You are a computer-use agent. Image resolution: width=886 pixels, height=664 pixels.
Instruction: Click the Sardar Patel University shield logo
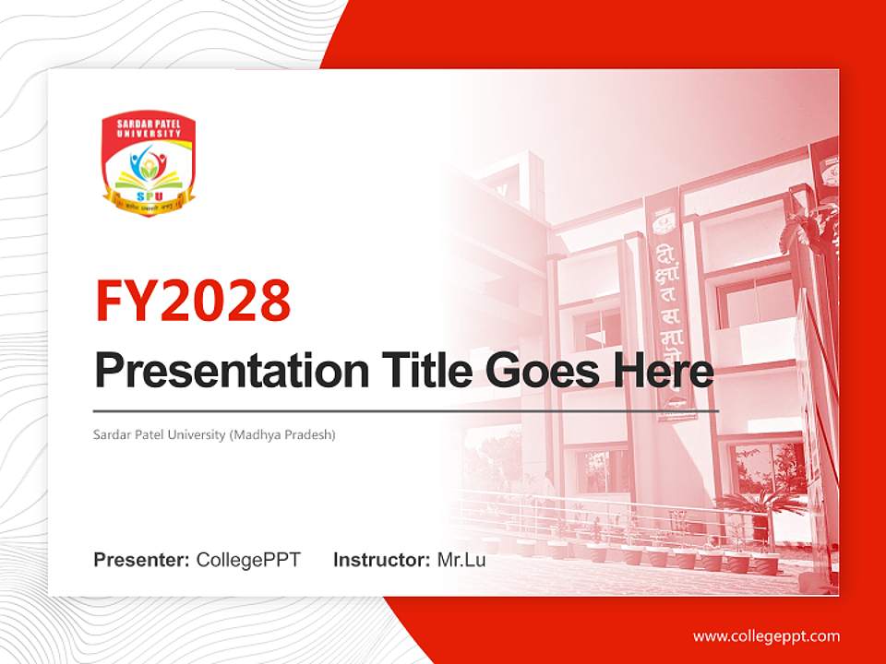click(x=149, y=165)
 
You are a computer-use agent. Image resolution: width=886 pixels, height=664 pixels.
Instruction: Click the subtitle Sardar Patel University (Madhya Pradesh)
click(x=214, y=433)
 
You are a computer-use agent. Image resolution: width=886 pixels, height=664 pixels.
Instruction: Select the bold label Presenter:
click(x=142, y=560)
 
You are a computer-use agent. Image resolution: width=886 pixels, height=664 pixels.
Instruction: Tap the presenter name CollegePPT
click(x=248, y=560)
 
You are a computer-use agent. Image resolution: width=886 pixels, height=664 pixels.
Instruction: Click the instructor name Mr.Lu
click(x=461, y=560)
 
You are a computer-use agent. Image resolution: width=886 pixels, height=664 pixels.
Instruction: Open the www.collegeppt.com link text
click(x=766, y=636)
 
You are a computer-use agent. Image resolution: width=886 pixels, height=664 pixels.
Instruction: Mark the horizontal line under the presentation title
click(x=406, y=410)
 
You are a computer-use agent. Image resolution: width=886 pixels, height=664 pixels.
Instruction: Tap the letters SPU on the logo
click(x=149, y=196)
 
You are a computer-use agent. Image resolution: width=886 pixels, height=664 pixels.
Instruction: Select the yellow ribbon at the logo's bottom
click(x=149, y=207)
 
